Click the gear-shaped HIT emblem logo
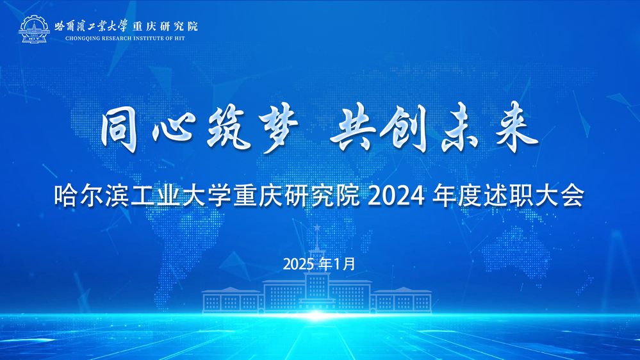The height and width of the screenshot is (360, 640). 35,29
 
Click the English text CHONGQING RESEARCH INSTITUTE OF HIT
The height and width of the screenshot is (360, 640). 125,38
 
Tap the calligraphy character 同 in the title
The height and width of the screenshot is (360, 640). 119,128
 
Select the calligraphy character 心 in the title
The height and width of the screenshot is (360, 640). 173,129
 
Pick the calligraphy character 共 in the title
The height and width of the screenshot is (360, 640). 354,127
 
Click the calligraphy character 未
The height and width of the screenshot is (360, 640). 460,127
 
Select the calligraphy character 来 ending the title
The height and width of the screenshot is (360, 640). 516,127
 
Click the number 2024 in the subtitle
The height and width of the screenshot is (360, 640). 396,196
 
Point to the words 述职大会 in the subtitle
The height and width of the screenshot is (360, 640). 534,196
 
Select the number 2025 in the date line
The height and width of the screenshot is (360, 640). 299,265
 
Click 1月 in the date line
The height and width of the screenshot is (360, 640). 345,264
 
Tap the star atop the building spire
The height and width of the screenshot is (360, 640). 317,227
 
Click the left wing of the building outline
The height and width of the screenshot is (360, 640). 232,300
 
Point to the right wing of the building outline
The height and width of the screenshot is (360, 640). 402,300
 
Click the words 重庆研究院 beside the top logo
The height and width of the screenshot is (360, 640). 165,26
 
